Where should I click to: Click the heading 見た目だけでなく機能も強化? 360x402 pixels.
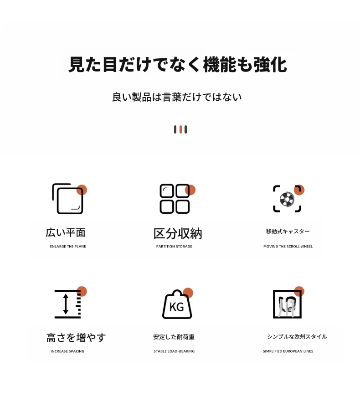(177, 64)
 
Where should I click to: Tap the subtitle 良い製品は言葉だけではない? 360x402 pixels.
(177, 97)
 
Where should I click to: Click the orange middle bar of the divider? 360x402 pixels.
(180, 129)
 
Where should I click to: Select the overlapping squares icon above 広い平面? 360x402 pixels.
(68, 199)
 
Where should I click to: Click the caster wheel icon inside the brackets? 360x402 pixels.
(287, 199)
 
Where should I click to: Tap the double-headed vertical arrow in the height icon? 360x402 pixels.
(66, 304)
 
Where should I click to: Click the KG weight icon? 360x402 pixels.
(177, 304)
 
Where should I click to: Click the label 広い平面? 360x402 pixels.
(66, 232)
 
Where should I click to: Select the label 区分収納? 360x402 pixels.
(178, 233)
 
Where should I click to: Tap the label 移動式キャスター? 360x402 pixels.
(288, 231)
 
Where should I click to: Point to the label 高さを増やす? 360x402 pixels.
(76, 338)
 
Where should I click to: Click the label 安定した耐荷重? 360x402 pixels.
(174, 337)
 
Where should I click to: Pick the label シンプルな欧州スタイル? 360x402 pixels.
(297, 336)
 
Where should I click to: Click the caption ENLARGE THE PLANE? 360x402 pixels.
(68, 247)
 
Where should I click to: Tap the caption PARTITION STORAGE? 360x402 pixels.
(174, 247)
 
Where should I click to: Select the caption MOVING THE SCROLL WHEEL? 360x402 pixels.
(288, 247)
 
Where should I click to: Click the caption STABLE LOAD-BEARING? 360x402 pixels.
(174, 351)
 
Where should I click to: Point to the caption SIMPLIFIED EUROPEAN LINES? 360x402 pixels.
(288, 351)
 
